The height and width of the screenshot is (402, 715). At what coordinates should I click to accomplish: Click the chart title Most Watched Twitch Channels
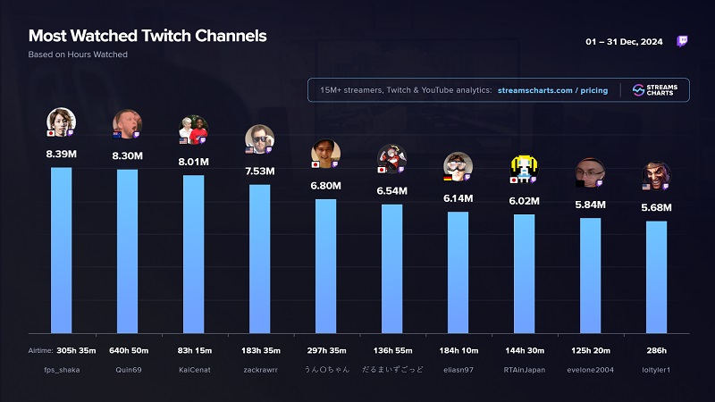click(147, 37)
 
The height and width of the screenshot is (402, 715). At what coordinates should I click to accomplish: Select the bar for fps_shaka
click(62, 250)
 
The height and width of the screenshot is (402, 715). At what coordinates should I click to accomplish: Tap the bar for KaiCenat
click(194, 254)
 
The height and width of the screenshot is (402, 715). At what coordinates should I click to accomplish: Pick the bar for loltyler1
click(657, 277)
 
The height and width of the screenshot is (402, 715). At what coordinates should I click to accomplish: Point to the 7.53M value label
click(260, 170)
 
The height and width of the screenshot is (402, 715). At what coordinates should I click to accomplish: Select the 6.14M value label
click(458, 198)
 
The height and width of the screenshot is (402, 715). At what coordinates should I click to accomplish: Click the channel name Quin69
click(128, 369)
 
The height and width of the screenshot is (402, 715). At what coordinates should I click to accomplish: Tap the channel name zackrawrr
click(260, 369)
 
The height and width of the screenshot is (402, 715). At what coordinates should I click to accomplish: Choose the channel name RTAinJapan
click(525, 369)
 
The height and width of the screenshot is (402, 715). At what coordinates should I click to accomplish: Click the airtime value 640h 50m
click(128, 350)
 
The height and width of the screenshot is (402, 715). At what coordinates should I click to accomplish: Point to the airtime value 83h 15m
click(194, 350)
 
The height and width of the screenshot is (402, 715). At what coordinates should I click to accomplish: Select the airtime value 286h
click(657, 350)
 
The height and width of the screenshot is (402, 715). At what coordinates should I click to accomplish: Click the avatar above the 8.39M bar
click(61, 121)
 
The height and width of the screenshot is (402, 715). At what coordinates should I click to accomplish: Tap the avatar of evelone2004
click(590, 173)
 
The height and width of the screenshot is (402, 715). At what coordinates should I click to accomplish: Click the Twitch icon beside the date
click(683, 41)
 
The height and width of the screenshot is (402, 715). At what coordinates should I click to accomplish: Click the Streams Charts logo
click(655, 90)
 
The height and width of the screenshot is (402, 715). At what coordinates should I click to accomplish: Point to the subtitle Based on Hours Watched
click(78, 54)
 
